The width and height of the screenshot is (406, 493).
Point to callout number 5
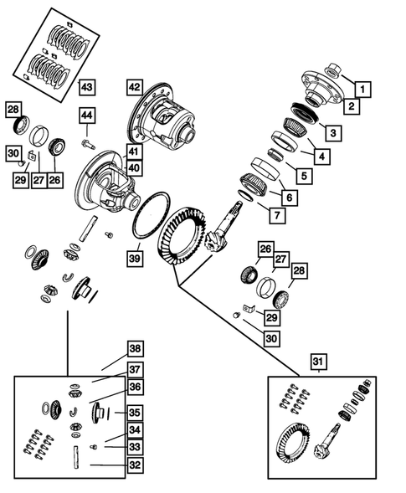301,176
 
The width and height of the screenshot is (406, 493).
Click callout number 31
319,362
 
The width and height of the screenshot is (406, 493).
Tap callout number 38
135,350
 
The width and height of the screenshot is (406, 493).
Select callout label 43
88,87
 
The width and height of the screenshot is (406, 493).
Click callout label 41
134,151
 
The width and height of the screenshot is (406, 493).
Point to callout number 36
135,386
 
